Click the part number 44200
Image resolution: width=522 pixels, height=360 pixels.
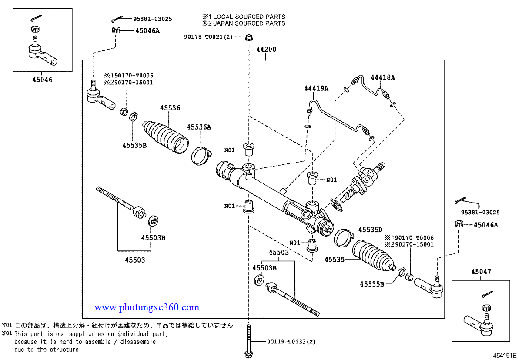[266, 50]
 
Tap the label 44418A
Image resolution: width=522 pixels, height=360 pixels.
[383, 77]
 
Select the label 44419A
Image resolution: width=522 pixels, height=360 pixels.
[316, 88]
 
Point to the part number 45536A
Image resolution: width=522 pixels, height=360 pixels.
[199, 127]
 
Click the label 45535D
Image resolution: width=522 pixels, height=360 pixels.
[370, 230]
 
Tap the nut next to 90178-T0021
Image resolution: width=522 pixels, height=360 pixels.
[249, 37]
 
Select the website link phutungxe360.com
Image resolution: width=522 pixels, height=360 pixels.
[147, 307]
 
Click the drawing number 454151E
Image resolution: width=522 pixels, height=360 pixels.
[505, 356]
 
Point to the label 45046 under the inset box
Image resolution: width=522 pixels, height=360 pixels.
[43, 80]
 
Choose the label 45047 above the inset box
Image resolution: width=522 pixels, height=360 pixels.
[481, 272]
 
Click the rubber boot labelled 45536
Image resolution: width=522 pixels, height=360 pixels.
[165, 137]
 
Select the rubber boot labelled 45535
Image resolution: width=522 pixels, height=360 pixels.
[373, 256]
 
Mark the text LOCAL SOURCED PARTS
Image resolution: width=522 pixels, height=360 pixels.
[249, 17]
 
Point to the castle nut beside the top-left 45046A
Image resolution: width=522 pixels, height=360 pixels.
[116, 30]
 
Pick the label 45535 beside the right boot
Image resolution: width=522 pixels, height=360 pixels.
[335, 260]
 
